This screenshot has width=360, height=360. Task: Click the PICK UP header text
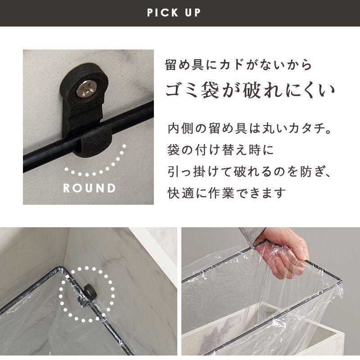(174, 13)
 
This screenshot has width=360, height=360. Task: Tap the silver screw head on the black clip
(86, 88)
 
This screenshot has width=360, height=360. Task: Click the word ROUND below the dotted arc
(89, 188)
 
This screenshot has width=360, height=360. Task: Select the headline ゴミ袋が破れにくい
(250, 90)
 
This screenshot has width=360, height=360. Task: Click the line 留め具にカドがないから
(238, 64)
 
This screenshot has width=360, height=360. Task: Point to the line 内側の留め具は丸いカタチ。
(250, 129)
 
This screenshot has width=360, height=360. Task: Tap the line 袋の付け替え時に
(220, 150)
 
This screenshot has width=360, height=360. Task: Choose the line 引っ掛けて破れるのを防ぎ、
(249, 171)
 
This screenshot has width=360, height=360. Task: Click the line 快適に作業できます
(227, 193)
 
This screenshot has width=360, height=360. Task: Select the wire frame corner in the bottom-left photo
(60, 269)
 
